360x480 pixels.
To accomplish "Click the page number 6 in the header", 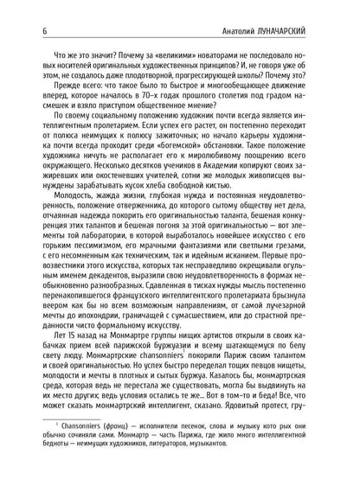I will click(31, 10).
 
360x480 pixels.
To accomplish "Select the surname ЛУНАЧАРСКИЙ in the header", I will click(298, 10).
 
